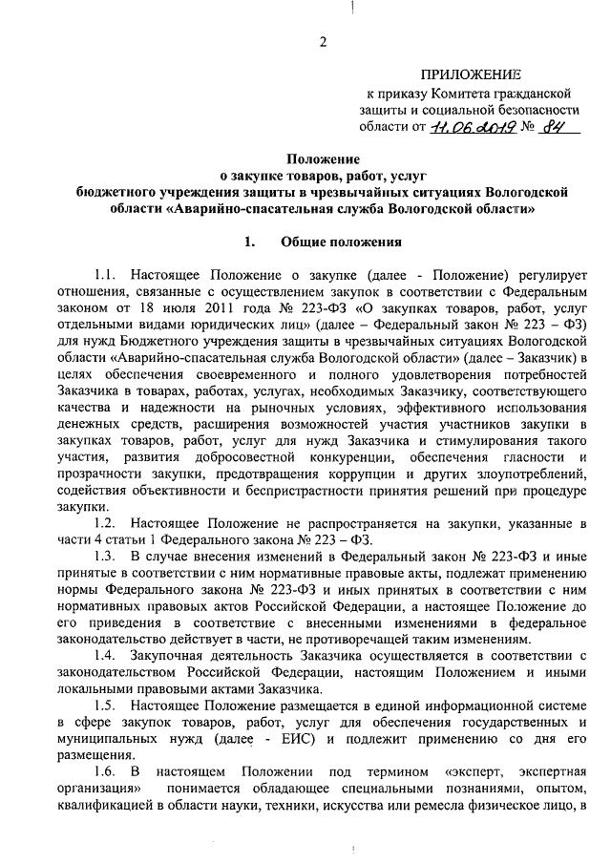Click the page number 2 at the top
coord(323,41)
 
